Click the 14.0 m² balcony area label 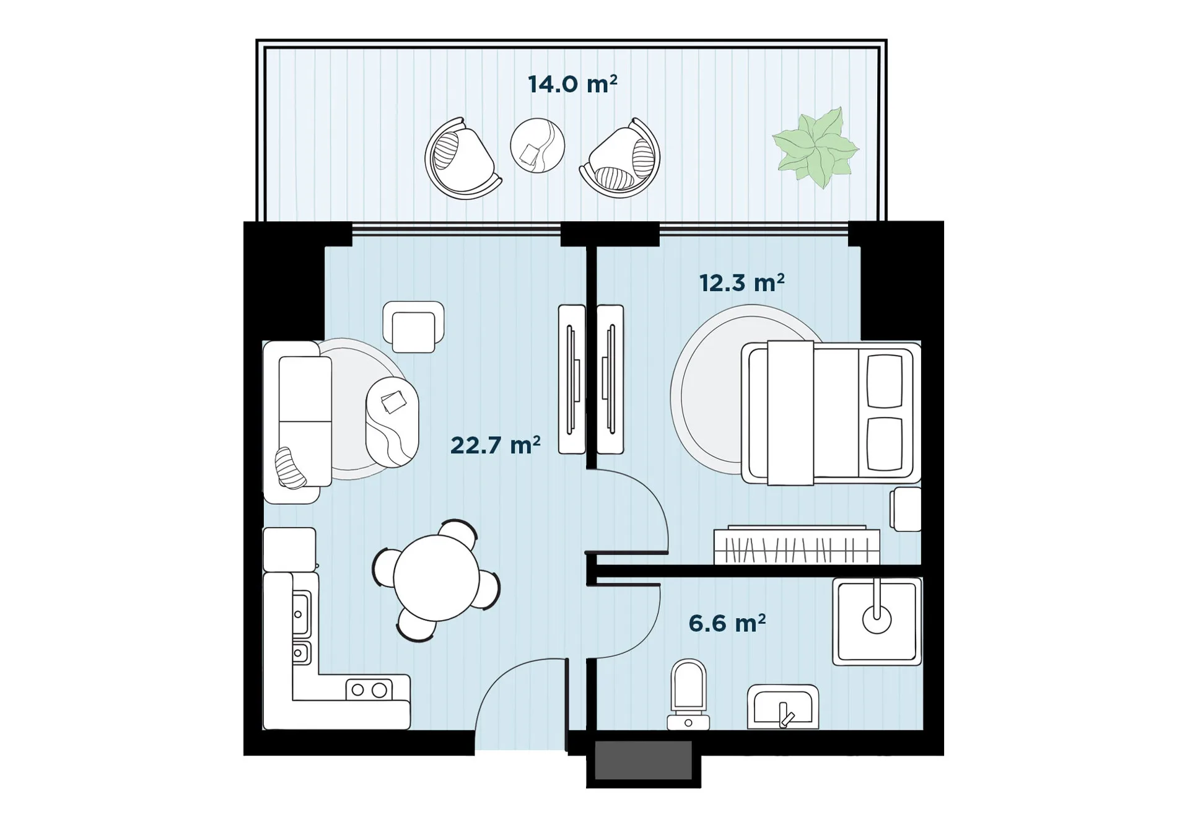click(x=572, y=84)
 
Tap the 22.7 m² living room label click(x=495, y=445)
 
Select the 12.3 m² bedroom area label click(x=742, y=282)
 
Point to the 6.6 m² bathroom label click(x=727, y=623)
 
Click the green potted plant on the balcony click(x=815, y=147)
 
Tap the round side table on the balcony click(x=537, y=146)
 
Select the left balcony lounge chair click(x=462, y=159)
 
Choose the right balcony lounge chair click(x=620, y=158)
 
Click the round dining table click(x=436, y=578)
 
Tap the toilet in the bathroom click(x=688, y=694)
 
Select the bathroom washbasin click(x=783, y=707)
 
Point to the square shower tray click(x=877, y=621)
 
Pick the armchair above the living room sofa click(x=413, y=327)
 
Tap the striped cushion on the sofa click(x=290, y=468)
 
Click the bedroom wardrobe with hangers click(x=797, y=545)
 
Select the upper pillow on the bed click(x=885, y=381)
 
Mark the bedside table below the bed click(x=906, y=509)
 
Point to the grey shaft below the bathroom click(x=643, y=760)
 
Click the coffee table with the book click(x=392, y=422)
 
